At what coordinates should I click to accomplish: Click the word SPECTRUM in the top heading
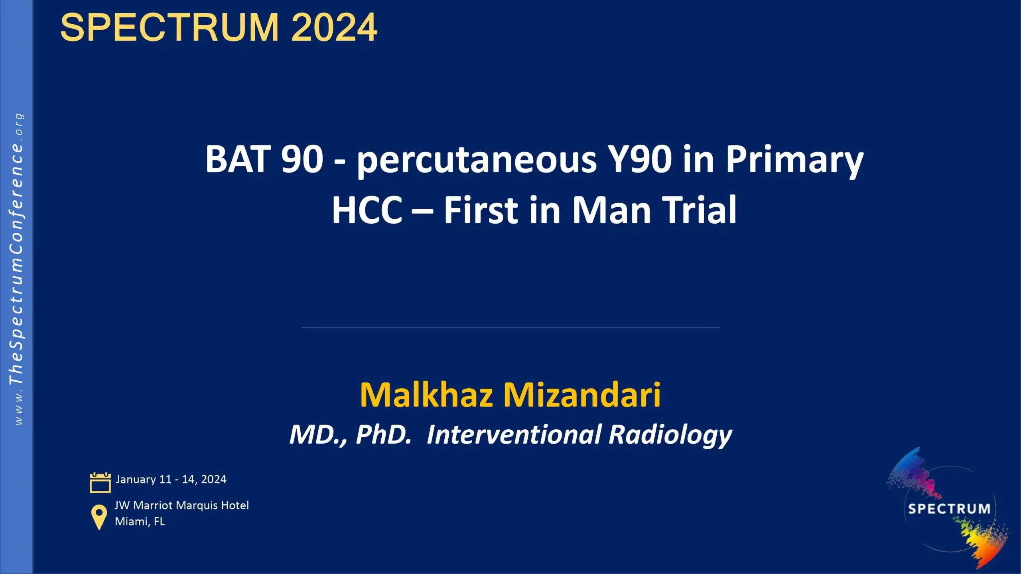pos(169,28)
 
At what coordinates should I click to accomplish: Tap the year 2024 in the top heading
pos(334,28)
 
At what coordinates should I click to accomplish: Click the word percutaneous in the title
pos(477,160)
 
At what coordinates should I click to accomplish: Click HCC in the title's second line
pos(367,210)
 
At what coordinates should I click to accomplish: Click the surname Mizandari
pos(582,395)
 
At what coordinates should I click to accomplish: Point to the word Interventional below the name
pos(514,434)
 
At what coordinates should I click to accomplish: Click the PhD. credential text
pos(383,434)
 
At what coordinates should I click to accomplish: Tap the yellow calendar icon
pos(100,482)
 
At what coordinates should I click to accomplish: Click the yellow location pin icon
pos(99,517)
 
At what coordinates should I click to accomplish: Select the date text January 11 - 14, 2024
pos(171,479)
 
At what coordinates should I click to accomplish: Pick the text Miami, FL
pos(140,521)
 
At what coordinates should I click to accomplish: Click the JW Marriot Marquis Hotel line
pos(181,505)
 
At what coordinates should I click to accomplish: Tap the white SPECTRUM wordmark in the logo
pos(949,509)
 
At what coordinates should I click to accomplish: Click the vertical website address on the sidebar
pos(16,269)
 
